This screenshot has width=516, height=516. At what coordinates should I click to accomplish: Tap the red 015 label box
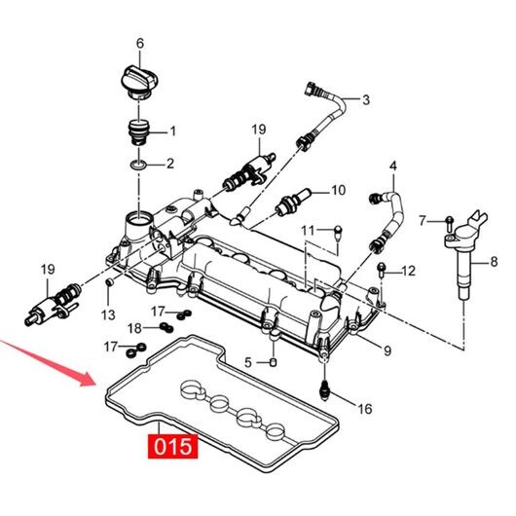[172, 446]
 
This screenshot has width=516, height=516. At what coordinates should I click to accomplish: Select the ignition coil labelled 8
[465, 255]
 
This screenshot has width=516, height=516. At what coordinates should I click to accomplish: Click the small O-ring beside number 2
[138, 164]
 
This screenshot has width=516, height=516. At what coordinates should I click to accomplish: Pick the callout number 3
[366, 99]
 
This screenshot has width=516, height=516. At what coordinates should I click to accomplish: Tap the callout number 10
[338, 190]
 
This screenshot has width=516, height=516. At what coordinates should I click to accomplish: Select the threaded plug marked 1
[139, 131]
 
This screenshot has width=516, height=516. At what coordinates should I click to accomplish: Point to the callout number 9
[387, 351]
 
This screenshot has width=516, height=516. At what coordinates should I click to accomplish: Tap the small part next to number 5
[274, 362]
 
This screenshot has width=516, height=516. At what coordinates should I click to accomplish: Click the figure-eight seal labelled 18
[166, 327]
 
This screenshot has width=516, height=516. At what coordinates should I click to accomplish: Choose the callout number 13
[108, 314]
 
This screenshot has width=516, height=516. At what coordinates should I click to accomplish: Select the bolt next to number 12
[382, 270]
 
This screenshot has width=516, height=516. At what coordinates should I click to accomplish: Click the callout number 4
[393, 166]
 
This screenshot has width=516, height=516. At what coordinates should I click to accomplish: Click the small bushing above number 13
[109, 282]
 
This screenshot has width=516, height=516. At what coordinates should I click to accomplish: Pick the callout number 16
[365, 409]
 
